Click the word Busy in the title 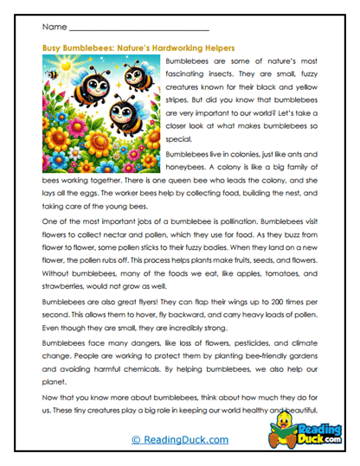53,48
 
